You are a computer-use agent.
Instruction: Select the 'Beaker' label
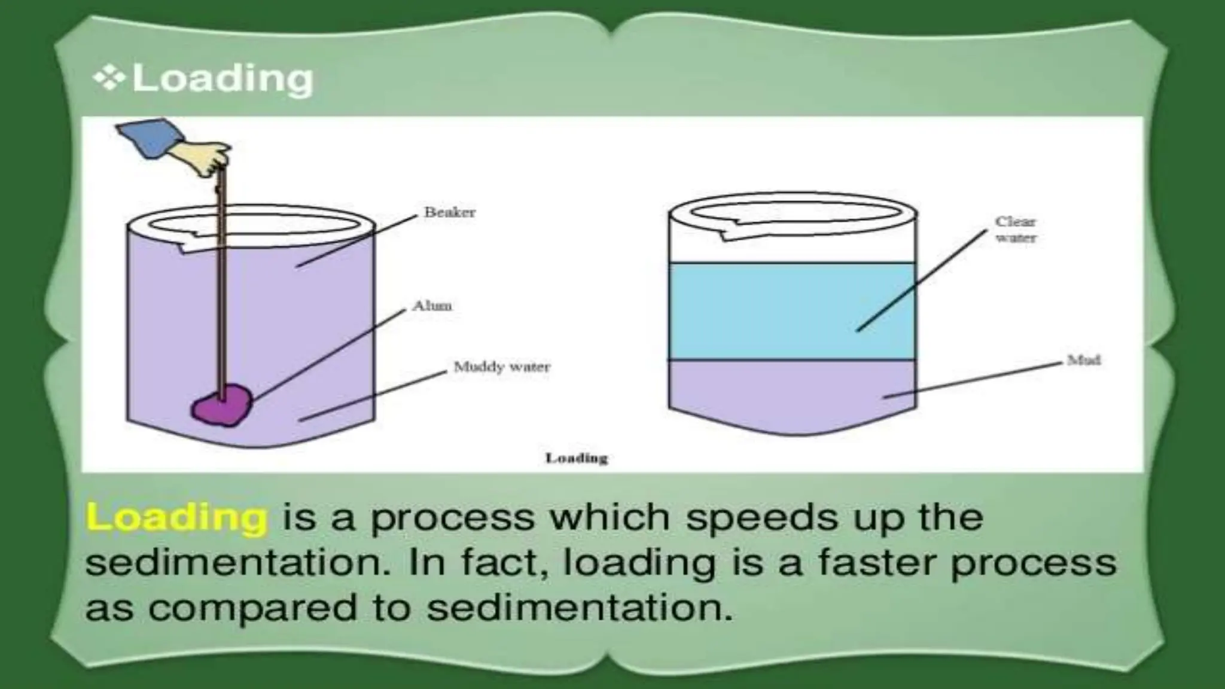point(449,212)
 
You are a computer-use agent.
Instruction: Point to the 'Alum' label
point(432,306)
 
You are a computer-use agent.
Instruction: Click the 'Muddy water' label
point(502,367)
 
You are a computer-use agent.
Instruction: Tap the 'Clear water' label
point(1015,230)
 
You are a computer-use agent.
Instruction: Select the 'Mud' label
point(1084,360)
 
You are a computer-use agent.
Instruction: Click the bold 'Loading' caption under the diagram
point(577,458)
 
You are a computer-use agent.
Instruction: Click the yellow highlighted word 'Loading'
point(176,517)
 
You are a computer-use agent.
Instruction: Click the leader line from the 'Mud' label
point(975,379)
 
